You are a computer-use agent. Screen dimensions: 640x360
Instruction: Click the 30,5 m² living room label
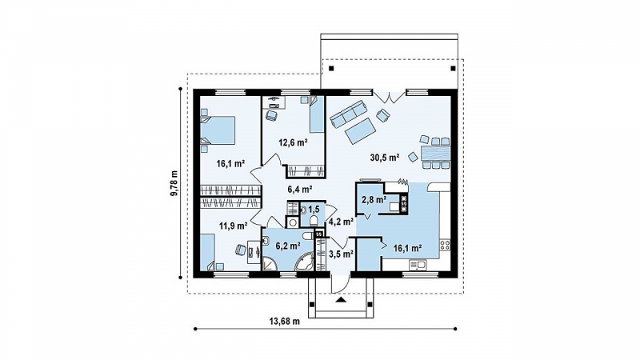(385, 157)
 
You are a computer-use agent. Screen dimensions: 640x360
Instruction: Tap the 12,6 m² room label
(293, 142)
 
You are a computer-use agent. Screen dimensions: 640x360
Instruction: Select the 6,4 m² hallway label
(300, 189)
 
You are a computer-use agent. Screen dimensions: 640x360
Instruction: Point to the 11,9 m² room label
(233, 225)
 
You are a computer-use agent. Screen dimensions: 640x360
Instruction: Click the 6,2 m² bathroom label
(288, 246)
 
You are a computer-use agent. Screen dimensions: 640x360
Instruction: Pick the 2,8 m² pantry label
(374, 199)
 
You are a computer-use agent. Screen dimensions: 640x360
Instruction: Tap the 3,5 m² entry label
(341, 254)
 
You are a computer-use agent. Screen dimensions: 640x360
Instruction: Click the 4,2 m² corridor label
(341, 222)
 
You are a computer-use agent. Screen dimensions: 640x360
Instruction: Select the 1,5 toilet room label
(314, 210)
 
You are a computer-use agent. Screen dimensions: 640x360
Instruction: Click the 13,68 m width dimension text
(285, 322)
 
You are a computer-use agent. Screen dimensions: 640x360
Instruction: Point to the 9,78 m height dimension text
(174, 183)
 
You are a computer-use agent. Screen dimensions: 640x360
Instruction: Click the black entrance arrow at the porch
(341, 301)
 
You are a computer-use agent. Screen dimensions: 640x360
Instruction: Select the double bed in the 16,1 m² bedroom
(218, 130)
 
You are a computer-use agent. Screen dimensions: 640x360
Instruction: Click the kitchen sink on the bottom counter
(418, 266)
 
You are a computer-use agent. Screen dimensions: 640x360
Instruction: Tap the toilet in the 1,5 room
(314, 221)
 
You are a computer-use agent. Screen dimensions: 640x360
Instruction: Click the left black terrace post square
(331, 68)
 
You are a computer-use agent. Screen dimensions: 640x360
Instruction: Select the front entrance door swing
(340, 284)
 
